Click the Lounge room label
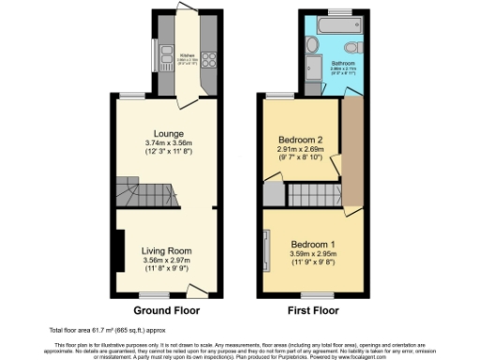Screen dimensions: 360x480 tap(169, 134)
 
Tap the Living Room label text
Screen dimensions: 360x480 tap(167, 250)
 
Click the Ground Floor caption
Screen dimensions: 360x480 tap(165, 309)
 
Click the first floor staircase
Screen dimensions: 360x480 tap(310, 195)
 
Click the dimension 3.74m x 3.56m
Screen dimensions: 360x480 tap(169, 143)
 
